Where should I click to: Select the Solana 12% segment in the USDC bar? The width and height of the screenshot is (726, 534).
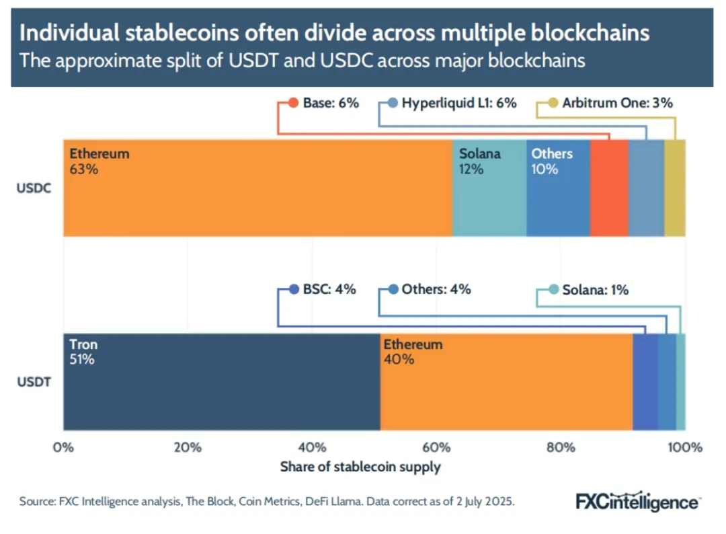(x=489, y=188)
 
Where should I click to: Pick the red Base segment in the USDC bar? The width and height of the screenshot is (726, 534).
(x=609, y=188)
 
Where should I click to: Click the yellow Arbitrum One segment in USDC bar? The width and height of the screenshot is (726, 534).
(x=675, y=188)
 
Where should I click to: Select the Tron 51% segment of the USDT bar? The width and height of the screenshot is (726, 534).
(x=221, y=381)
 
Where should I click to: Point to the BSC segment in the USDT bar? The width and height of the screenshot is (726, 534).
(x=645, y=381)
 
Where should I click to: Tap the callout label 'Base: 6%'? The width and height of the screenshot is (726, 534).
(x=329, y=103)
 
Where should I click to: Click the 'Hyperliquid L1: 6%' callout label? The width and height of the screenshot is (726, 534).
(x=458, y=103)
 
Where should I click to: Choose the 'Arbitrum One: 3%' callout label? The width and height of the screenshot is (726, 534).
(x=616, y=103)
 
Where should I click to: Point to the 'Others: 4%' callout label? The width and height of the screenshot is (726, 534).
(x=436, y=290)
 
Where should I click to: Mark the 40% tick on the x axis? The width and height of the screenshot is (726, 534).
(x=311, y=447)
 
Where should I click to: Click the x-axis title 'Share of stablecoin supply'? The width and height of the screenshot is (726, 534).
(x=360, y=467)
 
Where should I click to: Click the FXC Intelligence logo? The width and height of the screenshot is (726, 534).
(x=638, y=501)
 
